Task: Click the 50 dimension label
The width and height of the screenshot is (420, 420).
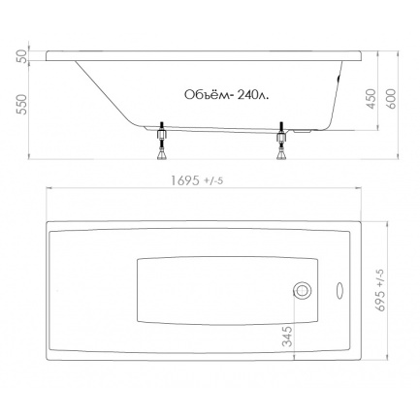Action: pos(21,56)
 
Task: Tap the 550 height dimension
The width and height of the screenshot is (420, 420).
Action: pos(21,104)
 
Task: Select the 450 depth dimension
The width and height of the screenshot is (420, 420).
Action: pos(372,99)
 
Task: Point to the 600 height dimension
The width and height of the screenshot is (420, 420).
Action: pos(391,99)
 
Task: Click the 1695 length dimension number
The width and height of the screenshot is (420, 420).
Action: pos(185,180)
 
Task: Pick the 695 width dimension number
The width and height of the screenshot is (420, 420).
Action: pos(381,301)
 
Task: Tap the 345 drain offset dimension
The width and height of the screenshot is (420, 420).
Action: pos(287,337)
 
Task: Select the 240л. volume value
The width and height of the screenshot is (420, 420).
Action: pos(252,95)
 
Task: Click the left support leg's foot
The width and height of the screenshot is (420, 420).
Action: pos(162,155)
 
